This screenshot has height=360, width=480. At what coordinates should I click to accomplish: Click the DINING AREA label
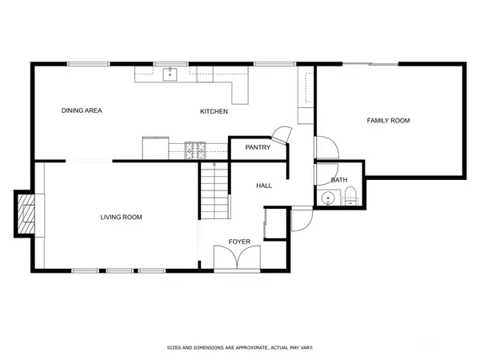[x=82, y=110]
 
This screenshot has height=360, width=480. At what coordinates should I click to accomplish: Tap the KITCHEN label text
[x=214, y=111]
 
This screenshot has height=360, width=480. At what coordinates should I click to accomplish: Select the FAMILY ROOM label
[x=388, y=121]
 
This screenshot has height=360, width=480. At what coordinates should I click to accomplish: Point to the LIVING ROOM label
[x=121, y=218]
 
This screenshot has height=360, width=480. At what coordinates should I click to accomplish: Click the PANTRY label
[x=258, y=147]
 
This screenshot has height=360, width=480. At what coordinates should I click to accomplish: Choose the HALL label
[x=264, y=186]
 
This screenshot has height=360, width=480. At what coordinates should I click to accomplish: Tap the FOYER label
[x=239, y=242]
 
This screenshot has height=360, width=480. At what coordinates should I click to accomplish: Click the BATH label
[x=339, y=180]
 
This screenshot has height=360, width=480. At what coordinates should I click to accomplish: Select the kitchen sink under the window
[x=170, y=74]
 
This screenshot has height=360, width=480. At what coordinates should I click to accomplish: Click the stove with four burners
[x=195, y=150]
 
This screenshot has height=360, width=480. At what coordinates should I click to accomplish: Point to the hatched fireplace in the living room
[x=26, y=214]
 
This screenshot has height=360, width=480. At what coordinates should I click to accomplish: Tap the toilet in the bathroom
[x=350, y=196]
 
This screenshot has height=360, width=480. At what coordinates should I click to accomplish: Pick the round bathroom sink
[x=328, y=198]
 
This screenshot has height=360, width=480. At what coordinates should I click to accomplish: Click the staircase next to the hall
[x=214, y=190]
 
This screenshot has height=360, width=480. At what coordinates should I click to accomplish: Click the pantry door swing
[x=282, y=134]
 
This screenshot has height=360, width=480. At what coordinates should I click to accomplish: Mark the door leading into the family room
[x=326, y=147]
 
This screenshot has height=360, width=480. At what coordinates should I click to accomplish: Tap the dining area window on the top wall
[x=89, y=64]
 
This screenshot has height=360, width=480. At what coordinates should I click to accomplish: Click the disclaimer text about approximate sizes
[x=240, y=348]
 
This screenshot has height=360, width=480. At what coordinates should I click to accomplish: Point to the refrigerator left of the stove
[x=155, y=148]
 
